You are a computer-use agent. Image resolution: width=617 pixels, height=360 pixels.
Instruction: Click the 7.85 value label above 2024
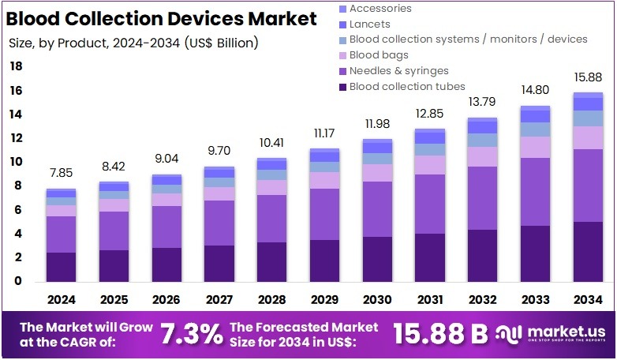tap(61, 174)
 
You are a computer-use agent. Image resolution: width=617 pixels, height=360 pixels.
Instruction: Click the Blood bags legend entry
tap(379, 54)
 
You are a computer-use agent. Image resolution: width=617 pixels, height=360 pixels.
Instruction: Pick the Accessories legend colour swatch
tap(342, 9)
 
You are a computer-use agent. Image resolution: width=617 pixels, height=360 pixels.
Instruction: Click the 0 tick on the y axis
tap(18, 282)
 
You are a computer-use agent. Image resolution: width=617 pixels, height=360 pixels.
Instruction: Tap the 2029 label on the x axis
tap(325, 300)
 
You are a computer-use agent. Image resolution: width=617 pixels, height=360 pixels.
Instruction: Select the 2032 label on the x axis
tap(483, 300)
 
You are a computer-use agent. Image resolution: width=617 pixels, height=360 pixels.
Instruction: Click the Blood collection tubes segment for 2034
tap(589, 251)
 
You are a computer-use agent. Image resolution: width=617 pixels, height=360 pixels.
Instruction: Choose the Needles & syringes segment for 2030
tap(377, 209)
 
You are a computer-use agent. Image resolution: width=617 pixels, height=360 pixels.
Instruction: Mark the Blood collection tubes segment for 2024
tap(61, 267)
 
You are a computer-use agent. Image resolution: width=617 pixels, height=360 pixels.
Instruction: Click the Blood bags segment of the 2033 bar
tap(536, 147)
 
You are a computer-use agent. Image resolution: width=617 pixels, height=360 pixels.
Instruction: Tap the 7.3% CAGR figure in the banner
tap(191, 334)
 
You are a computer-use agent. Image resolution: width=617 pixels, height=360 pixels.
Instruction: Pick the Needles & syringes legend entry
tap(398, 70)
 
